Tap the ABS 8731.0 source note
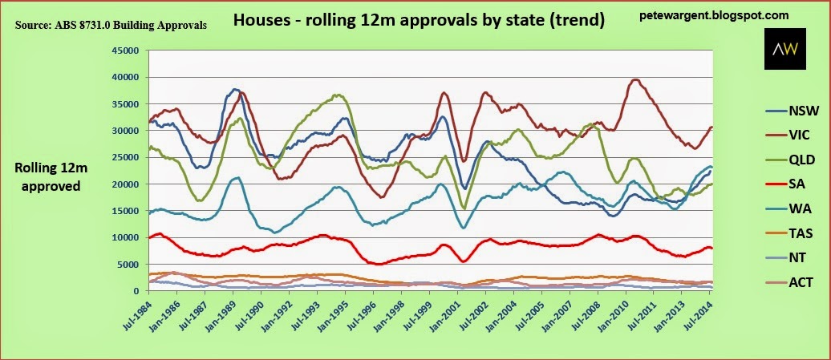point(111,26)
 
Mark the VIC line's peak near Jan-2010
point(636,79)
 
